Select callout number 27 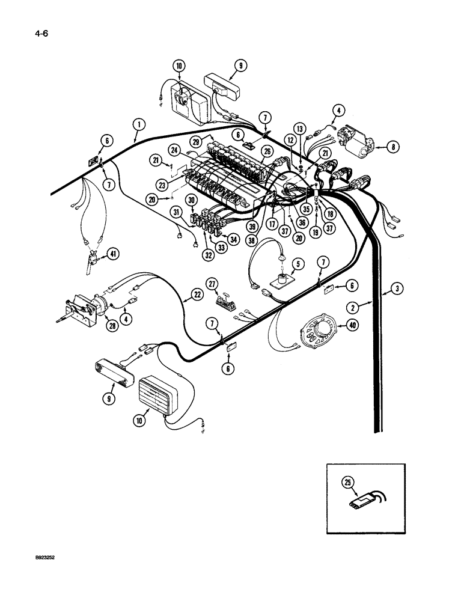[x=228, y=283]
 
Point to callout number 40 [x=344, y=327]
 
